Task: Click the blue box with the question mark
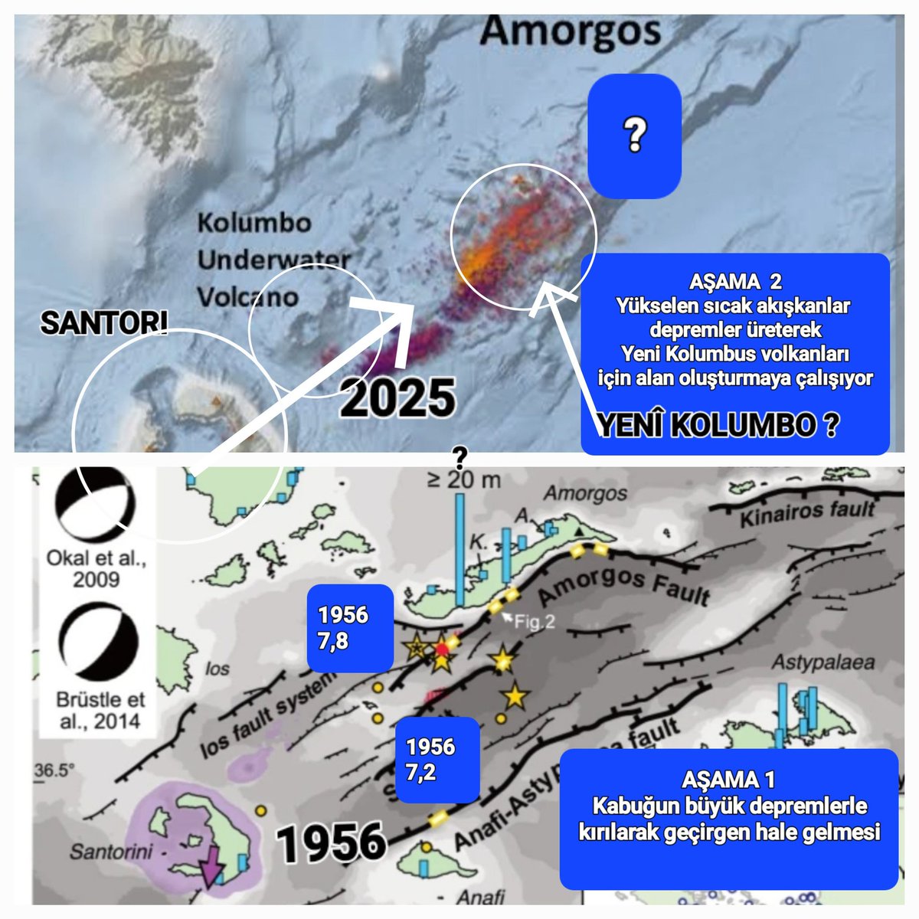634,136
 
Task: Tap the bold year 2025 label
397,397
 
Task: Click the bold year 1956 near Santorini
332,842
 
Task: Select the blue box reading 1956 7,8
350,628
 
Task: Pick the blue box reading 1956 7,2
437,760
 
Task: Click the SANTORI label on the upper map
103,324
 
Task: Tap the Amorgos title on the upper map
571,32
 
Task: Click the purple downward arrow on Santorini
209,867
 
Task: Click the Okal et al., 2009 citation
96,567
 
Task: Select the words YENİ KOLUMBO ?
716,426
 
